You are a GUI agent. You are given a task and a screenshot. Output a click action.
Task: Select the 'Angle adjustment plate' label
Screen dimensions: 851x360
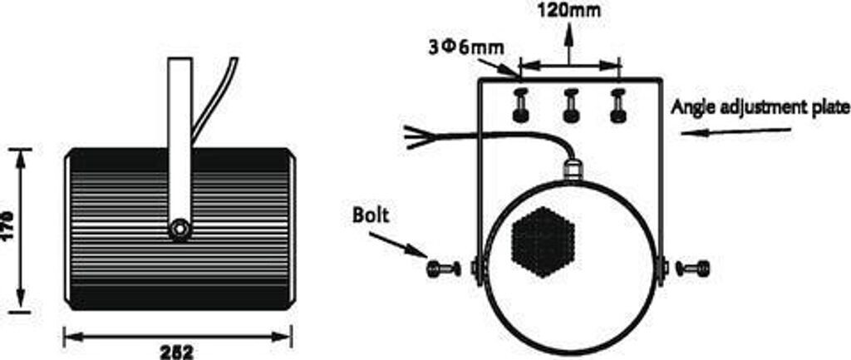760,107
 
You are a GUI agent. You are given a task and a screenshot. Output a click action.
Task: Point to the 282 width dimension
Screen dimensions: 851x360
177,353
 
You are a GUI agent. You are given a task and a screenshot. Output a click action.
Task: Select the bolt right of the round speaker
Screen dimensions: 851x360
693,268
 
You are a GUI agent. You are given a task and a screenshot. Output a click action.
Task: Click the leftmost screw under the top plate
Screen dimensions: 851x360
521,106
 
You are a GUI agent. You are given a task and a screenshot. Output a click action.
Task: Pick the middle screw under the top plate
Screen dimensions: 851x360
570,106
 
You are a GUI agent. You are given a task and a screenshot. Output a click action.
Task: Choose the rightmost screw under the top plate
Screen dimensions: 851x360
617,106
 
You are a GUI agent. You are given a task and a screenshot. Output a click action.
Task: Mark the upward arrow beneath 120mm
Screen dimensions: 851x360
569,44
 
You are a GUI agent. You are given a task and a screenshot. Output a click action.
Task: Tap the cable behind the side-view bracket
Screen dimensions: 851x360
214,96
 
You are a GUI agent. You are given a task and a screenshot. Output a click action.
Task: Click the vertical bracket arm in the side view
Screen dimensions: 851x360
179,141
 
